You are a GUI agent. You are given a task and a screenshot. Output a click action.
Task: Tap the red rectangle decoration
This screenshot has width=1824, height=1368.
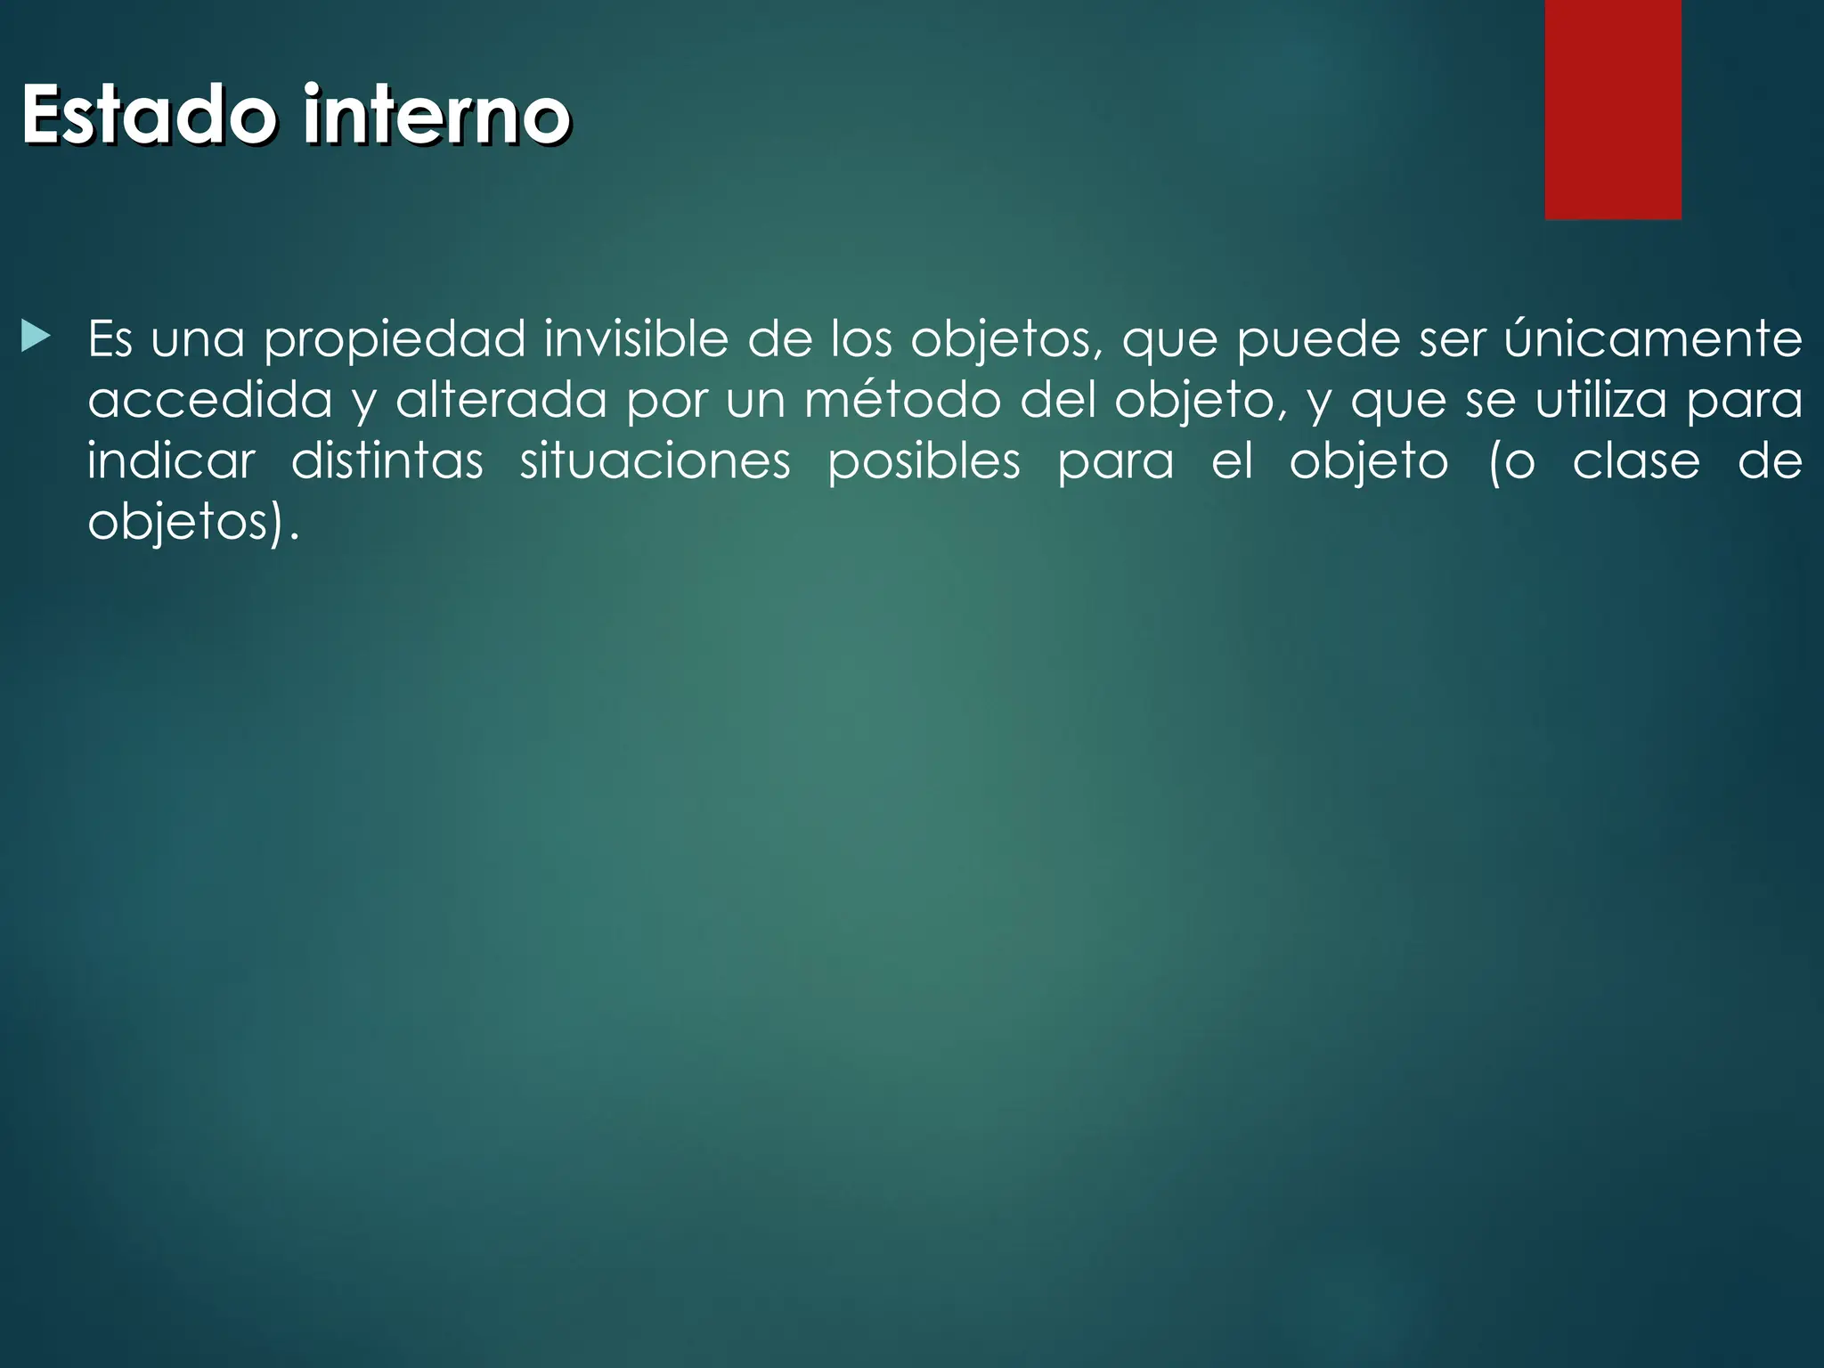point(1613,109)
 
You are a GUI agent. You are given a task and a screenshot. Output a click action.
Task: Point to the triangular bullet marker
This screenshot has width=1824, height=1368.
point(35,338)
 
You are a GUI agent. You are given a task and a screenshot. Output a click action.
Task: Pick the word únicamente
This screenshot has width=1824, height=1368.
point(1653,339)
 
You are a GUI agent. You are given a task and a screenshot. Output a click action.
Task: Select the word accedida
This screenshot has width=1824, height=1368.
point(209,400)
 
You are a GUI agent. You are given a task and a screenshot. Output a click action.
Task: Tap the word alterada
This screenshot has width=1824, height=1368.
point(501,400)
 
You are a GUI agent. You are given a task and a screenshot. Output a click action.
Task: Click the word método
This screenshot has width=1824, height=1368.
point(902,400)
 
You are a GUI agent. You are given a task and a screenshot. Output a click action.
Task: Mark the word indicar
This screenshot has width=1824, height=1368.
point(171,461)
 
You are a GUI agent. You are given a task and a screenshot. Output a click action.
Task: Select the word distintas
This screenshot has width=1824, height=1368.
point(387,461)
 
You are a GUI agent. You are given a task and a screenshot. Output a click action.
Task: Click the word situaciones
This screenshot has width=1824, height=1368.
point(655,461)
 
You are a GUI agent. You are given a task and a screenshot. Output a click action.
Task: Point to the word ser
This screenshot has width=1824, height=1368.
point(1453,339)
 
